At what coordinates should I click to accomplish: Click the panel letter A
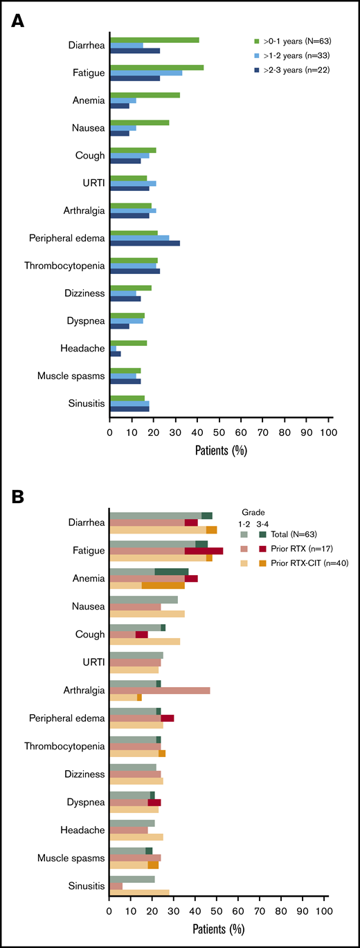tap(19, 21)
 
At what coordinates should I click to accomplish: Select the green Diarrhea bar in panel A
tap(154, 40)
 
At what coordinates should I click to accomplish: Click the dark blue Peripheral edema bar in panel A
tap(145, 244)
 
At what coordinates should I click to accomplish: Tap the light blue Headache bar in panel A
tap(113, 348)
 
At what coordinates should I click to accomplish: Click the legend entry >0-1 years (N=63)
tap(300, 40)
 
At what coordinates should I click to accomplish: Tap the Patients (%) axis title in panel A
tap(221, 450)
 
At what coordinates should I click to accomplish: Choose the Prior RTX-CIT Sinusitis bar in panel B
tap(139, 893)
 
